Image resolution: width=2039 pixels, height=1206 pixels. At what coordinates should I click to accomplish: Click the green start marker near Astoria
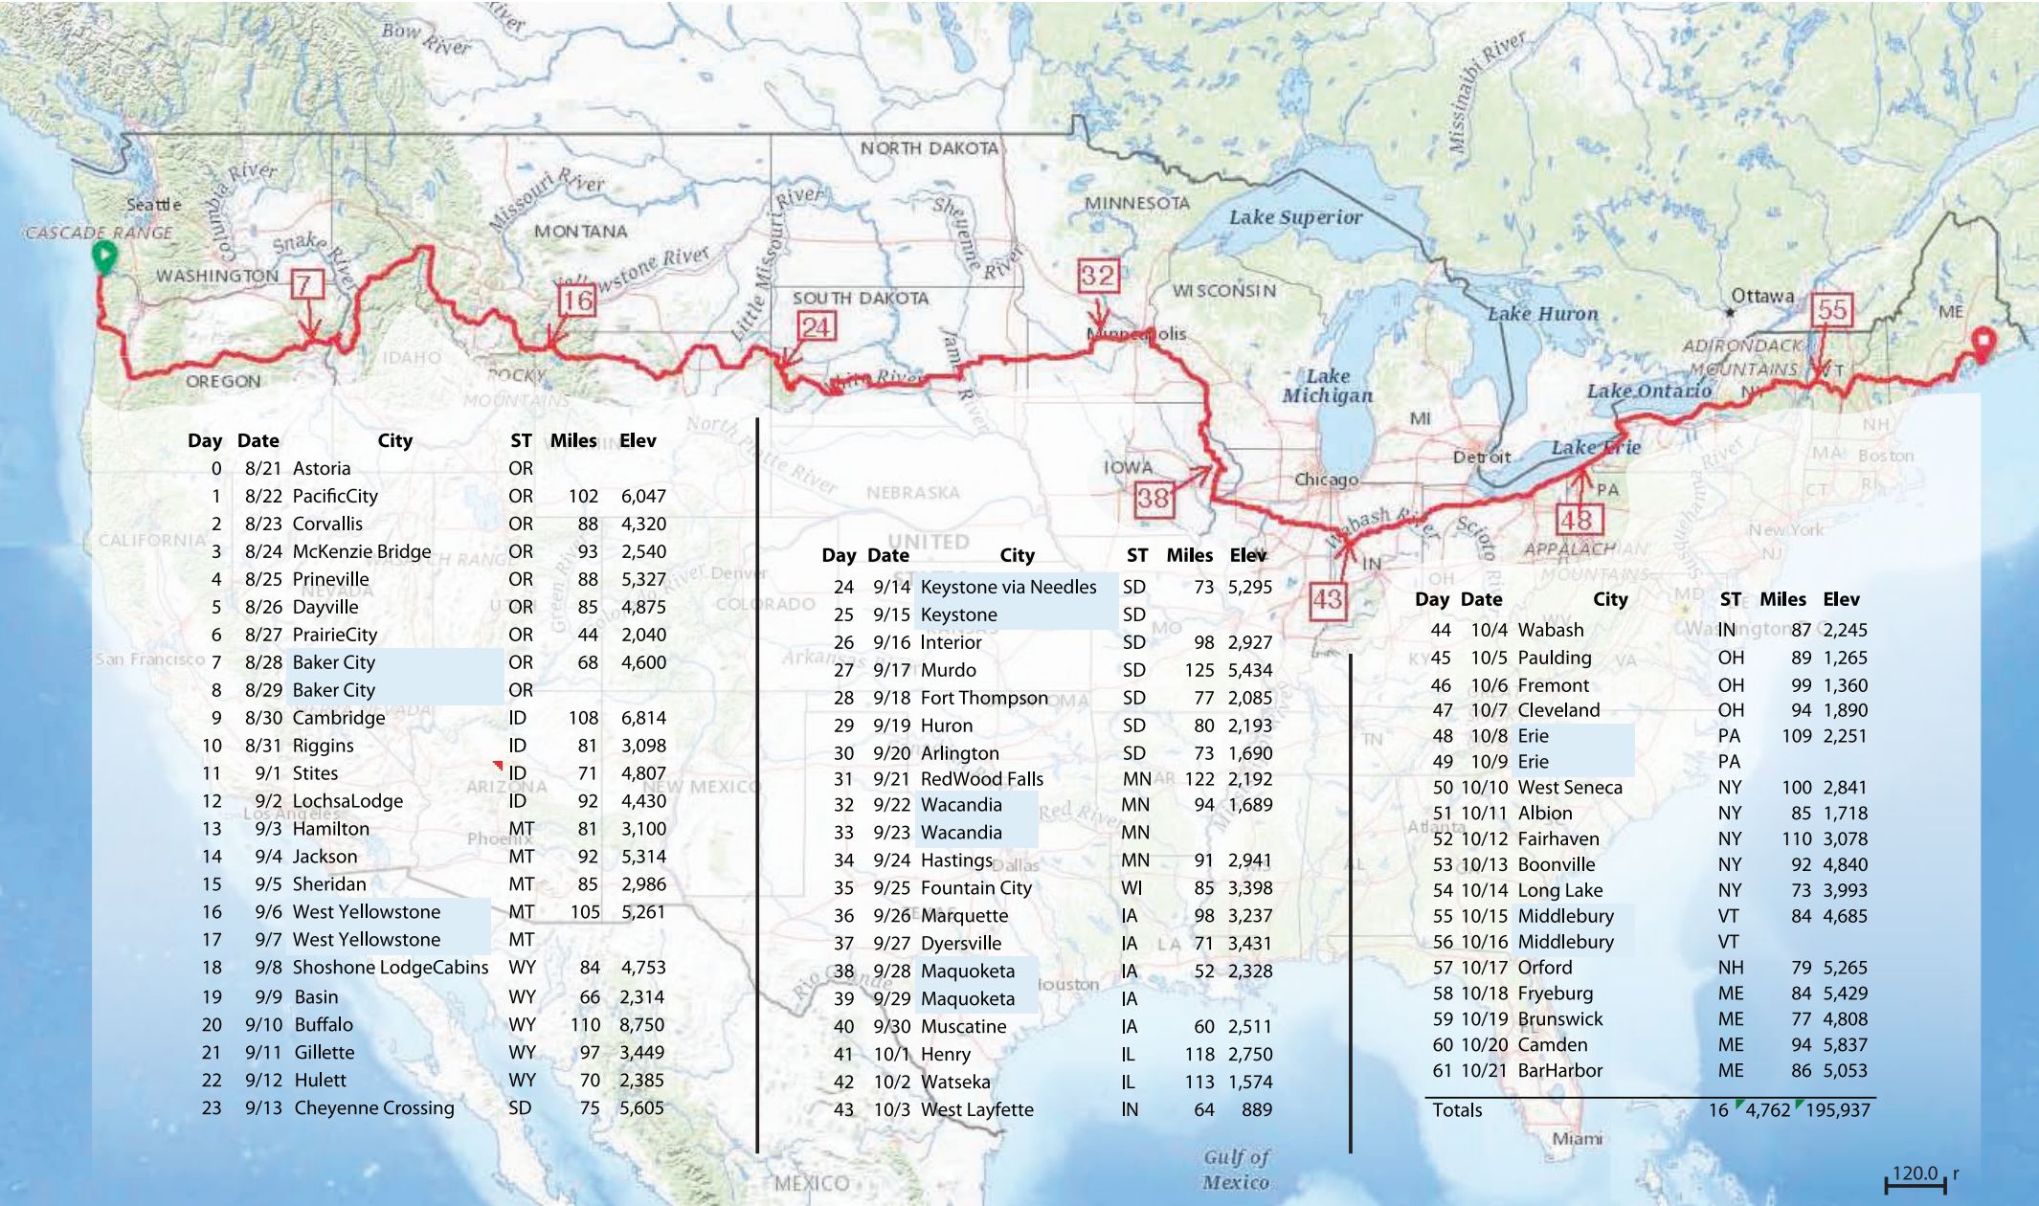104,257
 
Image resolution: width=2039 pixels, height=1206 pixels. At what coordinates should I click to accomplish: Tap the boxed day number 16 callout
577,301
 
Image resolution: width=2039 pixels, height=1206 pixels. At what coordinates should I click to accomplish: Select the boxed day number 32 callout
1097,277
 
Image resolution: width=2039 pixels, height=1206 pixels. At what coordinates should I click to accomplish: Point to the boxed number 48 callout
1577,520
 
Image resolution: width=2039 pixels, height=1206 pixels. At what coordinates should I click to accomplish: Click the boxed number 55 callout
1831,310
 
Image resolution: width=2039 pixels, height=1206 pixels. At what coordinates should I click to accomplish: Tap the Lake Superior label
1294,217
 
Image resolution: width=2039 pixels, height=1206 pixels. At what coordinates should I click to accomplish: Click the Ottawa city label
1761,296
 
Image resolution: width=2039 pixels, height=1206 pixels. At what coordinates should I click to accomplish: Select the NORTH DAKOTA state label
929,148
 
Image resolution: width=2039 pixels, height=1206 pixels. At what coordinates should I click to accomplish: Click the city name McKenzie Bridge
361,551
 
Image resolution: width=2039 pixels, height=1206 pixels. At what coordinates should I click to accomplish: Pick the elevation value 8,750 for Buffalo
641,1024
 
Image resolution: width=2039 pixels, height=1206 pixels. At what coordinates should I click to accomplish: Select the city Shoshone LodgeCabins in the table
390,967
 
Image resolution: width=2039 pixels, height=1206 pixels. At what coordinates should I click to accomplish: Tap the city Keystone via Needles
1008,587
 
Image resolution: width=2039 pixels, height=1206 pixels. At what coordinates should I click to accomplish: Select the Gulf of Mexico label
1236,1170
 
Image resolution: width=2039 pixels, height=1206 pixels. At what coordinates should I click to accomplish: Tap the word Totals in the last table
1456,1109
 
